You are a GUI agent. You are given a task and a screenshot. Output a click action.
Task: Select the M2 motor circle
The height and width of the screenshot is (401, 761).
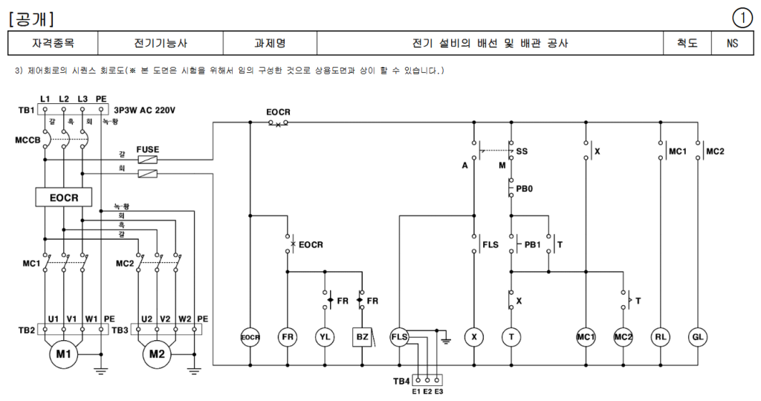click(156, 354)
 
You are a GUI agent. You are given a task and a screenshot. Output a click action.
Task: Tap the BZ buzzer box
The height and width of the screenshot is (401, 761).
click(362, 337)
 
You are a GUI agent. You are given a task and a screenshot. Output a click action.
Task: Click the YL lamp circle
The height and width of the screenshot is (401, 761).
click(325, 337)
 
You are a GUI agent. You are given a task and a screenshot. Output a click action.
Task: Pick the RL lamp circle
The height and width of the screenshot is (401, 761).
click(660, 337)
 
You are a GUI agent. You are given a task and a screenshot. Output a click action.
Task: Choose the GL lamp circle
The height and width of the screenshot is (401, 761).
click(698, 337)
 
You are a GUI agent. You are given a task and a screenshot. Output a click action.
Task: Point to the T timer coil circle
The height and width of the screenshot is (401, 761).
click(511, 337)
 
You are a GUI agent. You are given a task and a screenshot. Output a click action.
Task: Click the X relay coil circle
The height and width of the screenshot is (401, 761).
click(473, 337)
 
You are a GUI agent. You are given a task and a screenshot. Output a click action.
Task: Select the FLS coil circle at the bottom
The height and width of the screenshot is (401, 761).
click(400, 337)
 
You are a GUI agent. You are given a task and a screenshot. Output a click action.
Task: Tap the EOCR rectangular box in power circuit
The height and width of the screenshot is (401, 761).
click(64, 198)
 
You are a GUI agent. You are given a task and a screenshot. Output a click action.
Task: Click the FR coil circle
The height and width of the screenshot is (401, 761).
click(288, 337)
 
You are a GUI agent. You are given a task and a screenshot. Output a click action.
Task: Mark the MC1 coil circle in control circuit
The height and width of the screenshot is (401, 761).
click(586, 337)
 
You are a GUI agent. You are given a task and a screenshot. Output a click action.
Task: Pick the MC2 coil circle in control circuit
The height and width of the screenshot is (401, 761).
click(623, 337)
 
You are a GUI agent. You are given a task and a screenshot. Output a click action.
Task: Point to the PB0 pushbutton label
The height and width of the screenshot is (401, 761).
click(525, 189)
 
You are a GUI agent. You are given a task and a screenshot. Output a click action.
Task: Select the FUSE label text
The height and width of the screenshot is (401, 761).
click(147, 149)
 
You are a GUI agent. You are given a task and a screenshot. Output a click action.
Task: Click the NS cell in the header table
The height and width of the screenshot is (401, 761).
click(733, 44)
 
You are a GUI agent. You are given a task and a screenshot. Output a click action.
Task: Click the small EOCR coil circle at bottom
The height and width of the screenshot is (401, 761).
click(250, 337)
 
